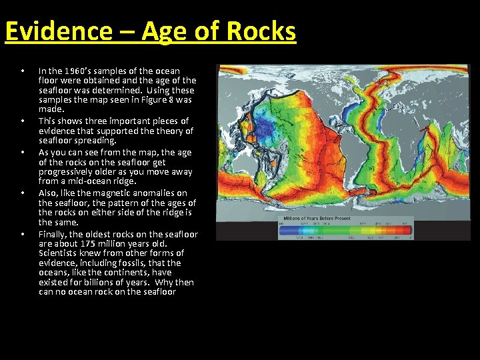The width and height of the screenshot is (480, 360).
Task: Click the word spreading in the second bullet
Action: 95,141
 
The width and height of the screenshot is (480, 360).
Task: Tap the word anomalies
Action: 153,193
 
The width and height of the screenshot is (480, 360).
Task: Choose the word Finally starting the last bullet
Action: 53,234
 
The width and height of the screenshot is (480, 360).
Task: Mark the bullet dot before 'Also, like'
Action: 23,193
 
